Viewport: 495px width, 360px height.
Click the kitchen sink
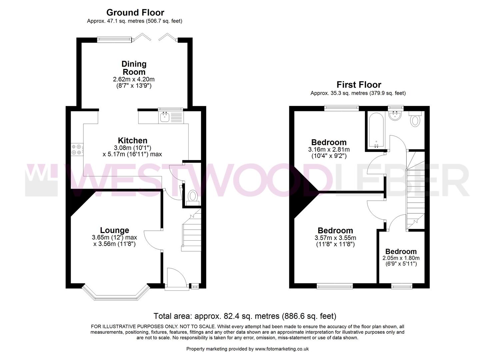coord(165,117)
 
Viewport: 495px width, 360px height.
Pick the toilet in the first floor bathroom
coord(415,120)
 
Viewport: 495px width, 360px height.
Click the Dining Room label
coord(134,68)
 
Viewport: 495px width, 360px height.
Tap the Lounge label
coord(114,230)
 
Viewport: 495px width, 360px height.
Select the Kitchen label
coord(132,140)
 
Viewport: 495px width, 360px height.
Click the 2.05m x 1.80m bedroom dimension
coord(401,258)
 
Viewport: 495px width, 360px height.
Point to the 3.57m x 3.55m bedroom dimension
coord(335,238)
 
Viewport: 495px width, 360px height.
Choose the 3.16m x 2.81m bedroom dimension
coord(329,150)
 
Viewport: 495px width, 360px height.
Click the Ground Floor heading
coord(135,12)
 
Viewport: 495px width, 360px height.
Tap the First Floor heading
coord(359,85)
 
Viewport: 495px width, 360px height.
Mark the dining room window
coord(114,39)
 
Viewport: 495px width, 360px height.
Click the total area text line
coord(245,316)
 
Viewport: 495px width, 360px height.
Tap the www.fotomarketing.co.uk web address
coord(282,349)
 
